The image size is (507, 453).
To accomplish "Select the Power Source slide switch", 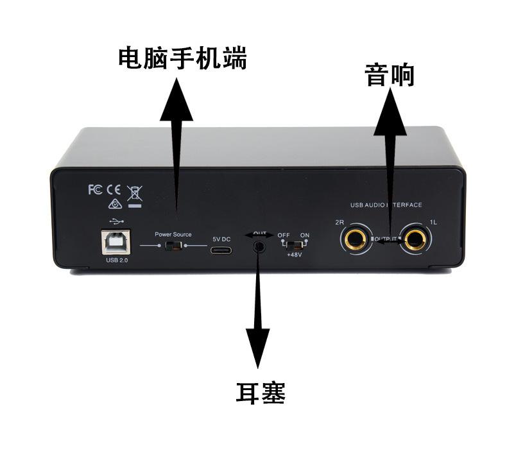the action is [x=172, y=246].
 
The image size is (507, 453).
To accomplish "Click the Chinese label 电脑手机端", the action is [x=182, y=60].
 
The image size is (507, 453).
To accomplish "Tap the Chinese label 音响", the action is [x=389, y=76].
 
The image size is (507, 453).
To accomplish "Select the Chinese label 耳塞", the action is [x=260, y=393].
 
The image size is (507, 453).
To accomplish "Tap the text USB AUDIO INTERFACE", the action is [x=386, y=205].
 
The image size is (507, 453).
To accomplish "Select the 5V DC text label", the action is [x=221, y=238].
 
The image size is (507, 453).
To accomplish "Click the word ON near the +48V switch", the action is [x=304, y=235].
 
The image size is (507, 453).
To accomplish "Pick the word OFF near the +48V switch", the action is [x=284, y=235].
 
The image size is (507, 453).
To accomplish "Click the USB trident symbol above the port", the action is [x=114, y=221].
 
